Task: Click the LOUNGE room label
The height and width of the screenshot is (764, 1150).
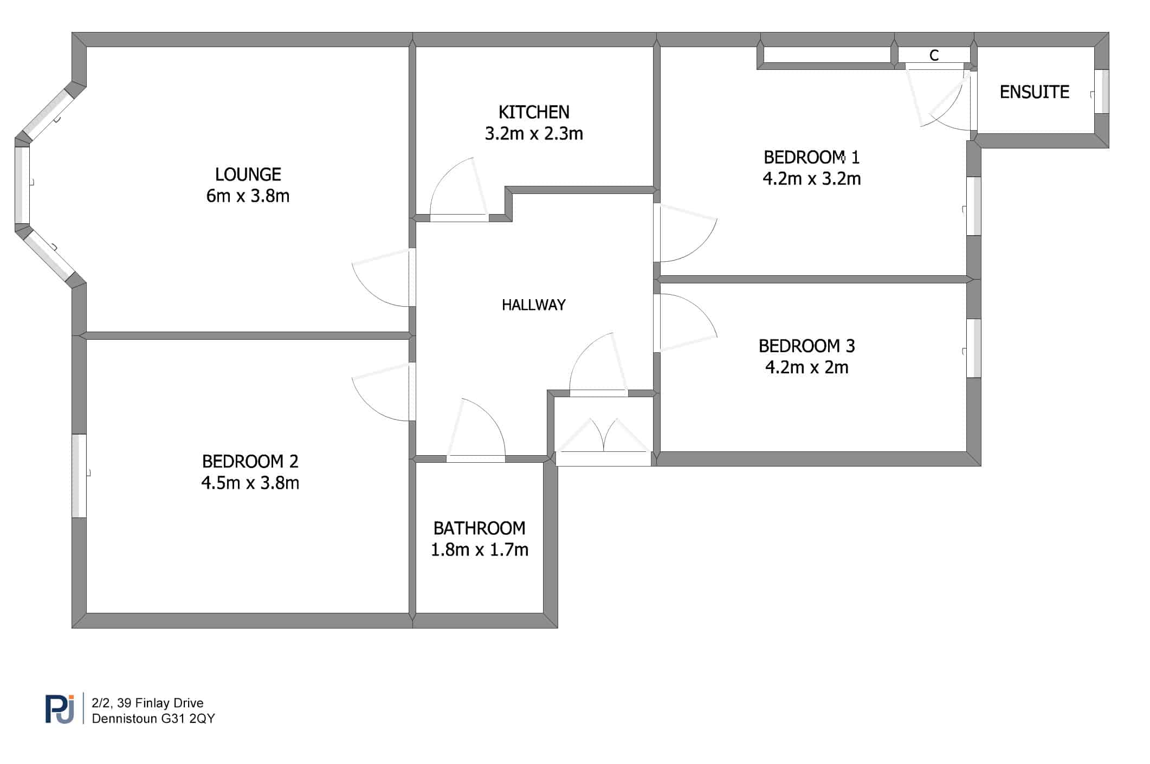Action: (x=248, y=174)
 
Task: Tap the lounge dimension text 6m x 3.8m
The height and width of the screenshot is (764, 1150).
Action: (x=248, y=196)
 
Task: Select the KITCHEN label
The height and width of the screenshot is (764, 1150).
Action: (x=534, y=112)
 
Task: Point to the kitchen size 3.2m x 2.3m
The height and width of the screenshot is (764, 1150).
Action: (x=534, y=133)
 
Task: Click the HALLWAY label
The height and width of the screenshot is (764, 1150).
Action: (x=534, y=305)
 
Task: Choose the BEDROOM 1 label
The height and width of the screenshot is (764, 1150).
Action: (x=812, y=157)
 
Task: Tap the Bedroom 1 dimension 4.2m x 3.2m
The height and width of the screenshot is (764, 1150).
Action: (x=812, y=178)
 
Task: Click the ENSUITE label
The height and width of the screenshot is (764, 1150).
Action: (x=1035, y=92)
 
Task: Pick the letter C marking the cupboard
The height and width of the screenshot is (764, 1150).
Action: (x=934, y=55)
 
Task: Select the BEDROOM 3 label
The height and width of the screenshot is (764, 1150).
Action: (x=807, y=346)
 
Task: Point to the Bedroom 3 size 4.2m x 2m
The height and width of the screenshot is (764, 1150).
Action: (x=807, y=367)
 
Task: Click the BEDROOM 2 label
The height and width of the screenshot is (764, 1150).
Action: (x=250, y=461)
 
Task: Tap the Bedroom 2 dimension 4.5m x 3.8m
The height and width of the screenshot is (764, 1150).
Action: (x=250, y=482)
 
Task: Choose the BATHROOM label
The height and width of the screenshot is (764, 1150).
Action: (x=480, y=528)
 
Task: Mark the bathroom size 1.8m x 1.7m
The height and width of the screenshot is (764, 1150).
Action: (x=480, y=549)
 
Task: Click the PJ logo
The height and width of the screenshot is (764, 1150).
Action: (x=60, y=709)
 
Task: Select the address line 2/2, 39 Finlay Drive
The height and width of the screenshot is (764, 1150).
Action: (x=148, y=703)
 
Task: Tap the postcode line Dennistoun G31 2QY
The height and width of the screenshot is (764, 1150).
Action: (x=153, y=718)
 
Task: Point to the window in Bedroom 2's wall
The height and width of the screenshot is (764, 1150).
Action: (x=79, y=476)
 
